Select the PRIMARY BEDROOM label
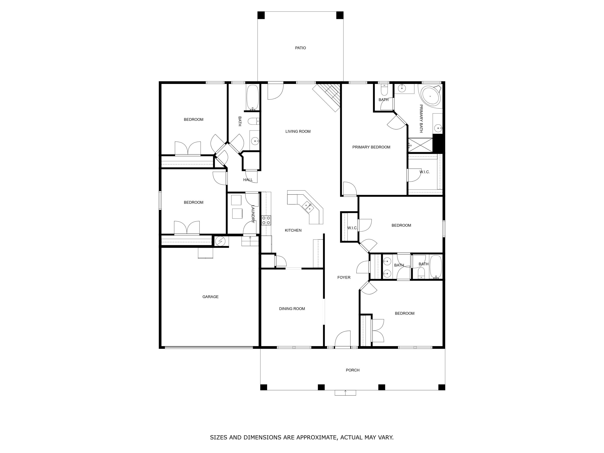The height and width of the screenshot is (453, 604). coord(371,147)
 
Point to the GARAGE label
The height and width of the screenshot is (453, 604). coord(210,297)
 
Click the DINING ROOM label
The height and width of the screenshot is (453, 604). coord(292,309)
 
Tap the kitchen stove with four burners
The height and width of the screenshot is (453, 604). coord(266,220)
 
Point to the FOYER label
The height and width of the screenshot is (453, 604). coord(344,277)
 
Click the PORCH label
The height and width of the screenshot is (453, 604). coord(353,370)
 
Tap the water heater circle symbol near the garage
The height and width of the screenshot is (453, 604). coord(220,241)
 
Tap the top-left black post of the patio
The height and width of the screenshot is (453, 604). coord(261,15)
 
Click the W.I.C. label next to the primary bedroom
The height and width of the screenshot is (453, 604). coord(425,172)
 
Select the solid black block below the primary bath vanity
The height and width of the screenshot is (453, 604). coord(437,143)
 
